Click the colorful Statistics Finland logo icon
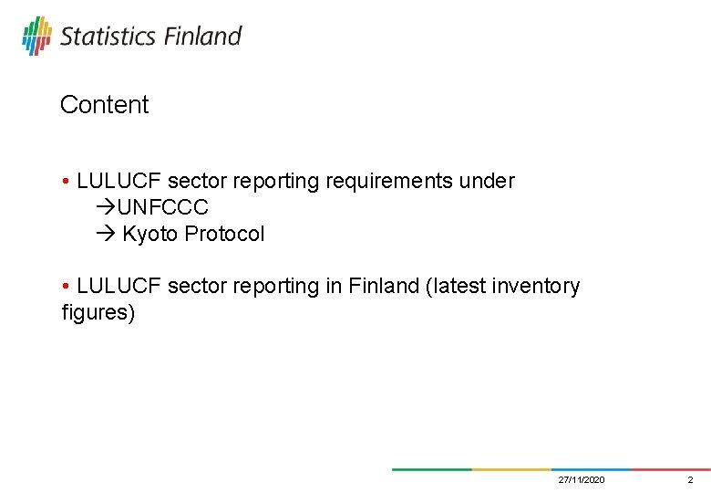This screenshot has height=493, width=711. [36, 36]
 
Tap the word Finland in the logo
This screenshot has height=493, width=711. [202, 37]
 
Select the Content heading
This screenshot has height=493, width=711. [104, 105]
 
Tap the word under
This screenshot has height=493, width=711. [487, 182]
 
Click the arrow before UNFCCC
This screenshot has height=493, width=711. [105, 208]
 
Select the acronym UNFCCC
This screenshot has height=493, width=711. [163, 208]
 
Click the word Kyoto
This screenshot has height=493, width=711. [150, 235]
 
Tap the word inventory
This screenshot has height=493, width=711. [533, 287]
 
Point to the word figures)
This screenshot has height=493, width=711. [98, 314]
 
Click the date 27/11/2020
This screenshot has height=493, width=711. [582, 480]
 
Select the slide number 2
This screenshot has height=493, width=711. [690, 480]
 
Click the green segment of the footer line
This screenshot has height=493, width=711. [431, 469]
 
